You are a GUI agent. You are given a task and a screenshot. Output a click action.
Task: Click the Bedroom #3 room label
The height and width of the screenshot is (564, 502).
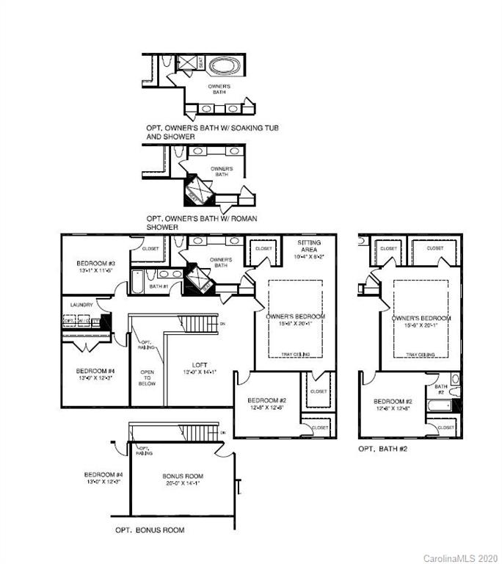tap(96, 263)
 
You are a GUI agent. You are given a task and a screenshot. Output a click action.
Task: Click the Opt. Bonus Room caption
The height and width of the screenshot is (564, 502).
tap(150, 529)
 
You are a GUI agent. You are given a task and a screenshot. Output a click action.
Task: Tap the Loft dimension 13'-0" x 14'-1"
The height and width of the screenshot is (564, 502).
tap(200, 373)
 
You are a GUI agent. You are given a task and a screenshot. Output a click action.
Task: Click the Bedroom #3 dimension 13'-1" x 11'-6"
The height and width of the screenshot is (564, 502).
tap(96, 271)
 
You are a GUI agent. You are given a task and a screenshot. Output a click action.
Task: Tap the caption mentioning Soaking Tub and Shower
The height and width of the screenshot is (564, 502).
tap(211, 132)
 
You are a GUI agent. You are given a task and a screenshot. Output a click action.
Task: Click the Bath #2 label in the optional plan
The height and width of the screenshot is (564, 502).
tap(441, 388)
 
